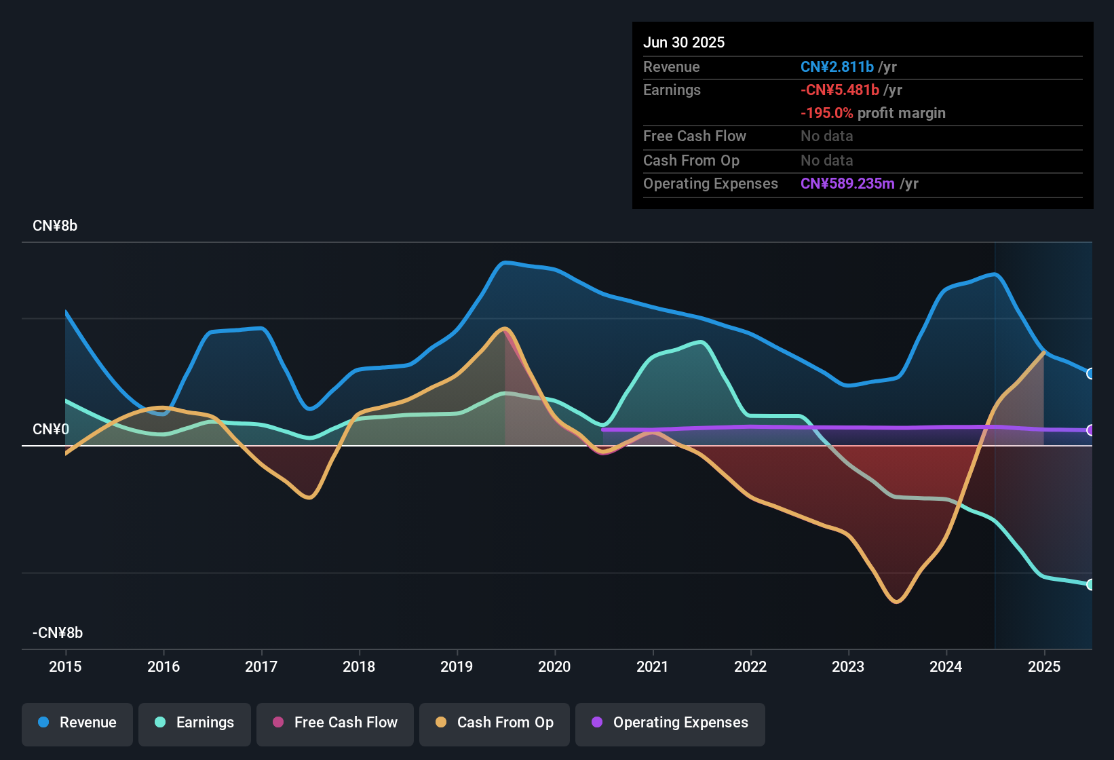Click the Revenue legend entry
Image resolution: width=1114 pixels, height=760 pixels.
click(x=77, y=723)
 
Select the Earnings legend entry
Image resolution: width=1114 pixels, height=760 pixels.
click(x=195, y=723)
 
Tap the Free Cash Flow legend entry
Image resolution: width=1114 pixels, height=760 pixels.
click(x=335, y=723)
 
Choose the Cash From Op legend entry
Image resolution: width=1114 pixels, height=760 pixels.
click(x=495, y=723)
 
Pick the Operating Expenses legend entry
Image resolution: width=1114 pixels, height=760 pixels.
click(x=670, y=723)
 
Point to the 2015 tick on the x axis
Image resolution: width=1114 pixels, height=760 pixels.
click(x=65, y=666)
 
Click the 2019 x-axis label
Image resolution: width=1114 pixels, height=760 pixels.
click(x=457, y=666)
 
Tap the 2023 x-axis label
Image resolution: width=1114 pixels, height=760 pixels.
click(x=848, y=666)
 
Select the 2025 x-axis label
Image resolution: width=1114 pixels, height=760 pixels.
click(x=1044, y=666)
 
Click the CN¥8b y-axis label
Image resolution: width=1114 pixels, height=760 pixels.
click(x=55, y=226)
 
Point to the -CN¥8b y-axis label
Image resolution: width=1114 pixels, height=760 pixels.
click(x=58, y=633)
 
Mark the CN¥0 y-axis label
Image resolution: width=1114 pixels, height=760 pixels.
click(x=51, y=430)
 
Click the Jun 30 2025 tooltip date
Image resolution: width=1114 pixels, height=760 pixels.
click(x=684, y=43)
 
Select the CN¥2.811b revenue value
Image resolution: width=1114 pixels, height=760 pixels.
click(x=837, y=67)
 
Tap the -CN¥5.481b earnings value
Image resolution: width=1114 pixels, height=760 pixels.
click(x=839, y=90)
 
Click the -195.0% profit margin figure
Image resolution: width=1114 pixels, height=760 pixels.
click(x=826, y=113)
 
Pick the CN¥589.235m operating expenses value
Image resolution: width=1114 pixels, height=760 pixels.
click(x=847, y=184)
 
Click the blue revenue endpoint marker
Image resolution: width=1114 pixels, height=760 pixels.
click(x=1090, y=374)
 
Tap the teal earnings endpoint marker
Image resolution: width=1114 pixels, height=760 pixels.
click(x=1090, y=584)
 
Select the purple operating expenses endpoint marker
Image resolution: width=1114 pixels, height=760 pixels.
click(x=1090, y=430)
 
